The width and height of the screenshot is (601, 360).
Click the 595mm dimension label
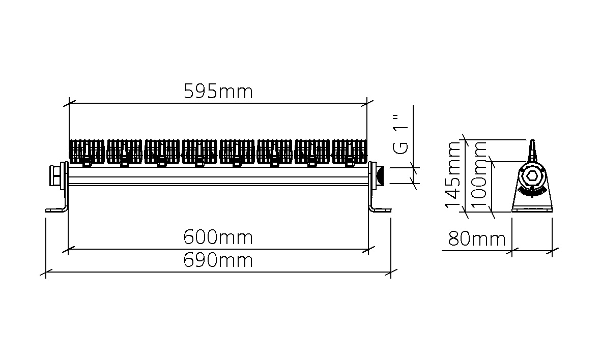(x=218, y=92)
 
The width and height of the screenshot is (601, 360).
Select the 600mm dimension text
(x=218, y=237)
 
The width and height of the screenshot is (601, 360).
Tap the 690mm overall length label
(x=218, y=260)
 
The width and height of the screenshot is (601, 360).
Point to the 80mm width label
(x=477, y=239)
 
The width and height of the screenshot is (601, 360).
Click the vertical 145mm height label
(x=453, y=175)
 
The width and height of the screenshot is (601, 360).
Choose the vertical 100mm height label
(x=479, y=175)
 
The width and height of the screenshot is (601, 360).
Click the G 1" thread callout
(x=402, y=134)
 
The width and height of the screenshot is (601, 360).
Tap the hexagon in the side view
(x=532, y=176)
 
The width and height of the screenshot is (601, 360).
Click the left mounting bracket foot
(x=56, y=209)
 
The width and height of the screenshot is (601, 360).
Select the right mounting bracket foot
(x=381, y=209)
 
